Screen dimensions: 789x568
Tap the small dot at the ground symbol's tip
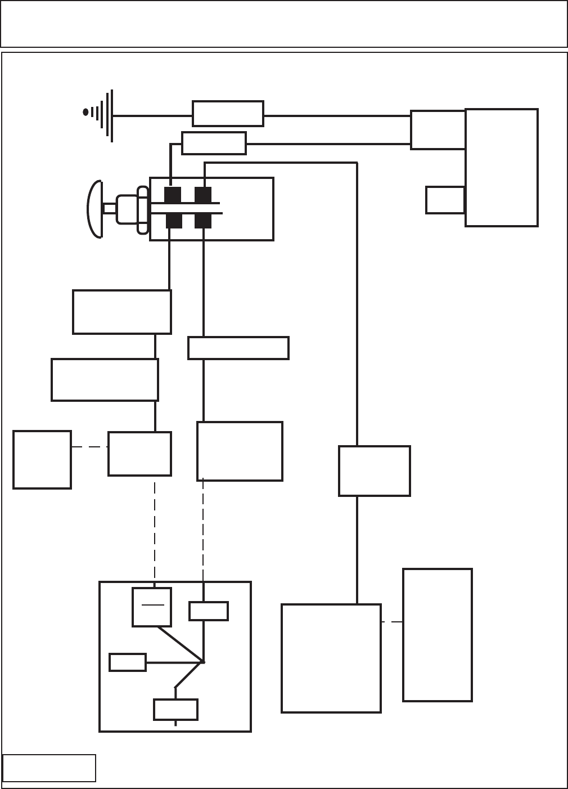tap(85, 112)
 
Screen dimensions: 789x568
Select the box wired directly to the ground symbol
tap(228, 114)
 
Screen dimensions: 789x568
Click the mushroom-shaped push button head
tap(94, 209)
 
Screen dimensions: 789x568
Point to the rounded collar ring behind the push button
tap(143, 210)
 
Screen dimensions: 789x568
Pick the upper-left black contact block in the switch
tap(173, 195)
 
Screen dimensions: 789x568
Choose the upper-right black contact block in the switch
tap(202, 195)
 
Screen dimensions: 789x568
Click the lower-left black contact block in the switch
tap(174, 221)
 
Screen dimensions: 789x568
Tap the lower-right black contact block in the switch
tap(202, 221)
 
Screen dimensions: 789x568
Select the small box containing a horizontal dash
tap(152, 607)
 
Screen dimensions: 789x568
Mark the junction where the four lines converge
tap(202, 662)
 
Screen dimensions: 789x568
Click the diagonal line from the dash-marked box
tap(180, 644)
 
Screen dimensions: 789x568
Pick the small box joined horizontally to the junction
tap(128, 662)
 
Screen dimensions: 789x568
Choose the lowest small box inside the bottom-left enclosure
tap(175, 710)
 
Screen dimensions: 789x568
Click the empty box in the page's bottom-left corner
tap(49, 768)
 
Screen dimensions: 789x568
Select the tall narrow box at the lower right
tap(438, 635)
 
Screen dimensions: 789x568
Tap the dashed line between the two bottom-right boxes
tap(392, 622)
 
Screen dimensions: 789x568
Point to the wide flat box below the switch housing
tap(238, 348)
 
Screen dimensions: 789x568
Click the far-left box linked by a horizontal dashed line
tap(42, 460)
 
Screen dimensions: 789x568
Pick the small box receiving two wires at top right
tap(438, 130)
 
